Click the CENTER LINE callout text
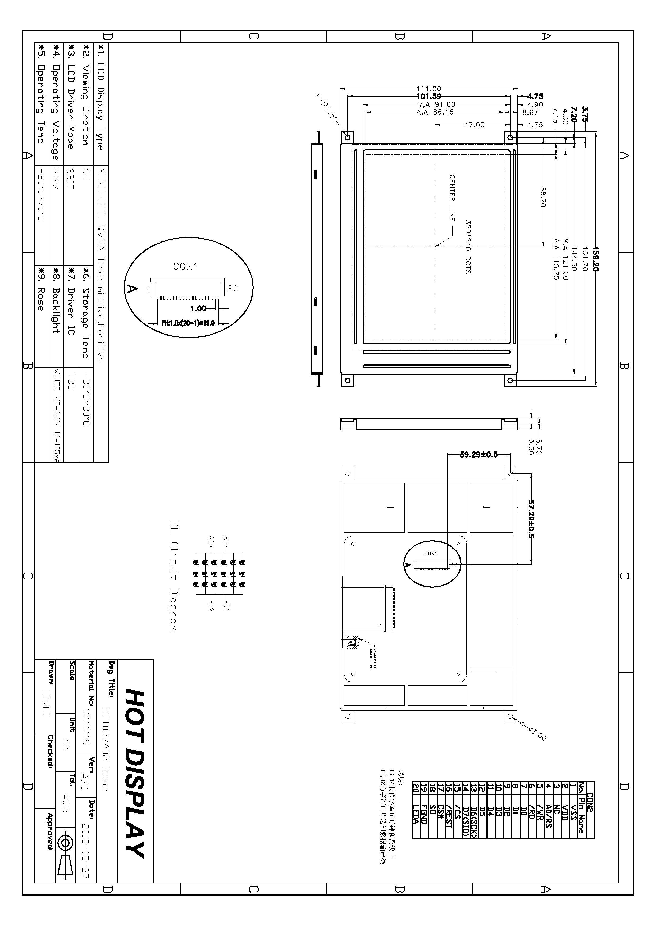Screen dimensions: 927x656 pyautogui.click(x=452, y=198)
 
